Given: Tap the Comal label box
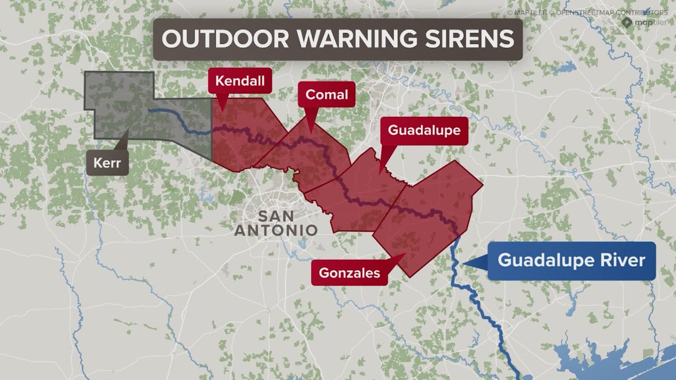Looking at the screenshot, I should click(326, 95).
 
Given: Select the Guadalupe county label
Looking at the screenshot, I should click(423, 130).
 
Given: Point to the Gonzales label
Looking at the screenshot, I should click(349, 273).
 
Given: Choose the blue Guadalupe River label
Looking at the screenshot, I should click(571, 261).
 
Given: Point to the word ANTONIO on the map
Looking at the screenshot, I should click(276, 230).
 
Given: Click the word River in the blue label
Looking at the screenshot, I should click(623, 261).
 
